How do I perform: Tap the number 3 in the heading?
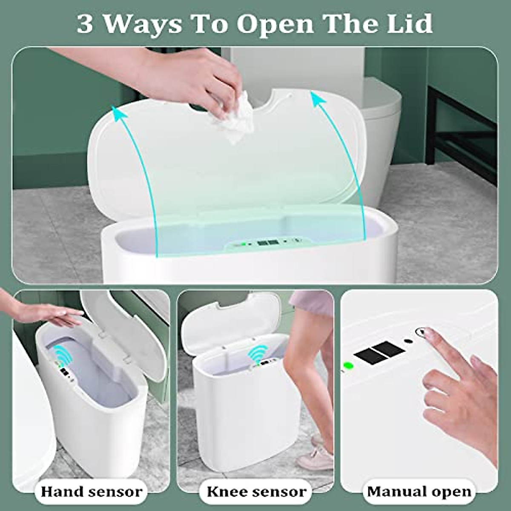tap(85, 24)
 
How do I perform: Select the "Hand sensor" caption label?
tap(91, 491)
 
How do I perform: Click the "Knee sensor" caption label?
tap(256, 491)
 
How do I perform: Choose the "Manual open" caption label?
tap(419, 491)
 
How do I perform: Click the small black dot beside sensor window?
tap(408, 341)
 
